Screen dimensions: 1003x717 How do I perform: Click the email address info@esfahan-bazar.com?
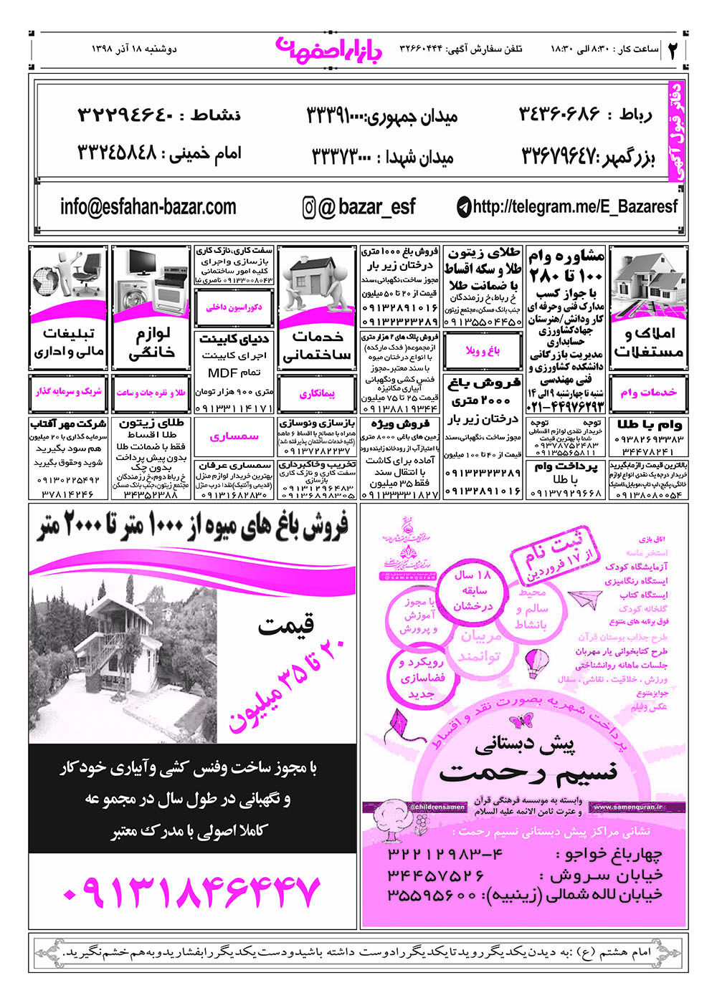(148, 207)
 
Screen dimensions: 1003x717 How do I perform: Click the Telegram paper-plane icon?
(464, 208)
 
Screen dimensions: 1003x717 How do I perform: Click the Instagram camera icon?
(309, 208)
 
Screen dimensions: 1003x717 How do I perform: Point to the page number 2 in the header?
(673, 50)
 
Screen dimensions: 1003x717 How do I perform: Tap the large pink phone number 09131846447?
(191, 891)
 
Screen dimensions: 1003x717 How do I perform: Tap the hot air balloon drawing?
(535, 663)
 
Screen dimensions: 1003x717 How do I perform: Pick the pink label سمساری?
(234, 436)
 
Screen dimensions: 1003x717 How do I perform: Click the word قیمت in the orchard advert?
(286, 626)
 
